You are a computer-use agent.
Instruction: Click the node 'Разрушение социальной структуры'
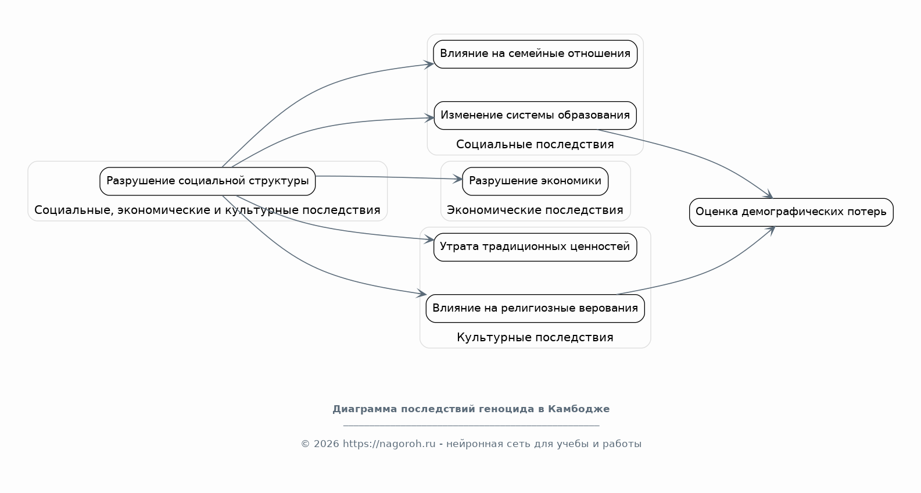(207, 181)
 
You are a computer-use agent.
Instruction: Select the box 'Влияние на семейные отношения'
(535, 54)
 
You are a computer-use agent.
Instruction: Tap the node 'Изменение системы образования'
(535, 115)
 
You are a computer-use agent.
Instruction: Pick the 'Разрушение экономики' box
(535, 181)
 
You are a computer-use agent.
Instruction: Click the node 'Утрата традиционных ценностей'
(535, 247)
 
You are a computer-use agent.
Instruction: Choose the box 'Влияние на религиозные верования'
(535, 308)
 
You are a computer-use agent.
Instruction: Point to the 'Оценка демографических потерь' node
(791, 212)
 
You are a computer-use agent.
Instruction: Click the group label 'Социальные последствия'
(535, 144)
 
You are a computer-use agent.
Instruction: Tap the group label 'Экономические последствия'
(535, 210)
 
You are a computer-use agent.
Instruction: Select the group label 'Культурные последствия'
(535, 337)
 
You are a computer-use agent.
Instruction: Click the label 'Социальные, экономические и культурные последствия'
(207, 210)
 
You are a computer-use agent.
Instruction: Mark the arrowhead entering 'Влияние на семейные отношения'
(429, 64)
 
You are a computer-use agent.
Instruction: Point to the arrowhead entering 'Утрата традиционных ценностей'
(429, 239)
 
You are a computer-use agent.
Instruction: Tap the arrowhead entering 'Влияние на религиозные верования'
(421, 294)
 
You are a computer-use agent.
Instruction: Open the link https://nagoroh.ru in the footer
(389, 444)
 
